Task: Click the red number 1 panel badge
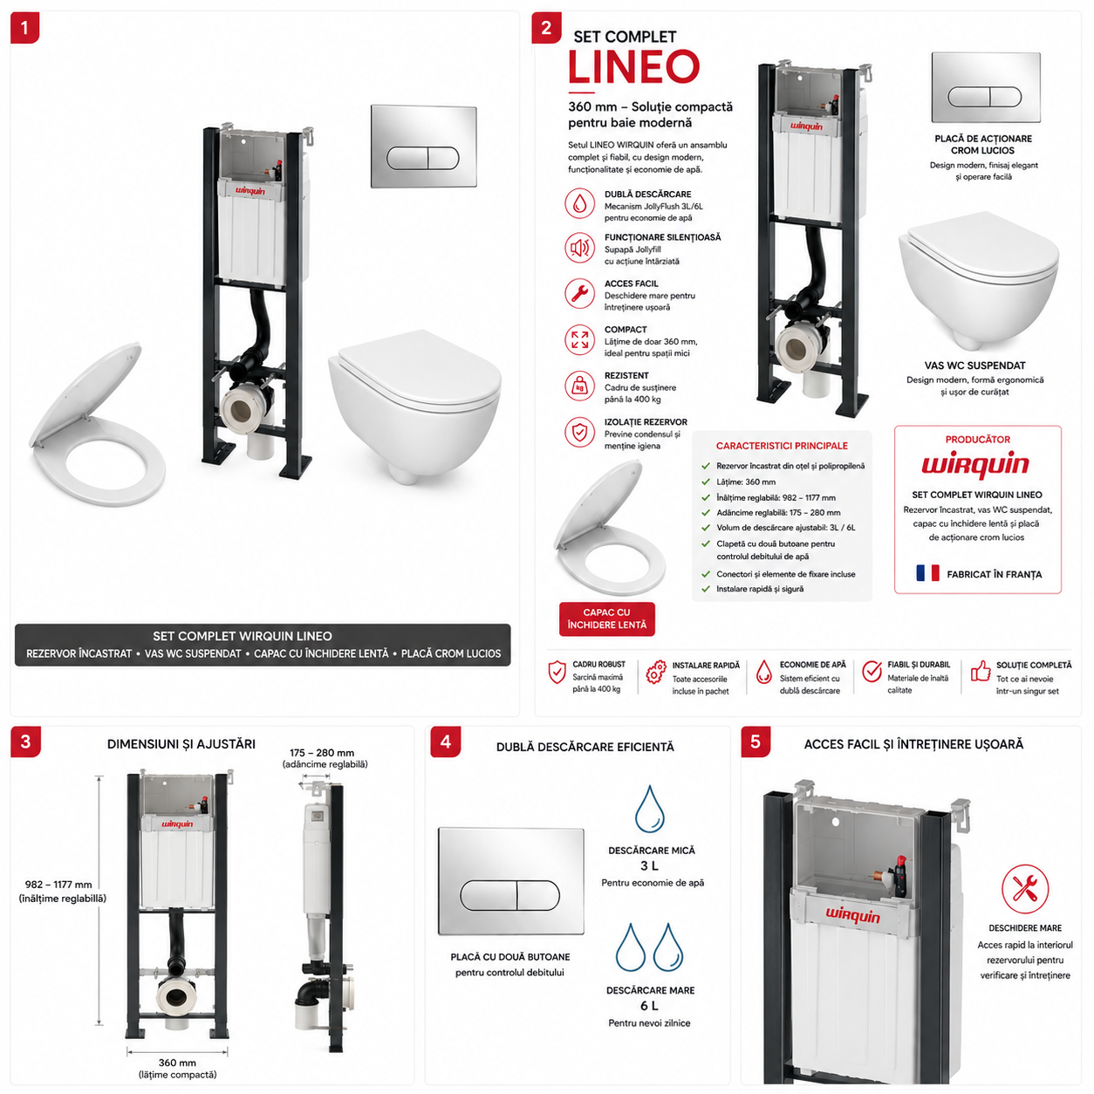tap(24, 28)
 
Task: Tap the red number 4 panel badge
tap(445, 742)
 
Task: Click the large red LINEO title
tap(633, 67)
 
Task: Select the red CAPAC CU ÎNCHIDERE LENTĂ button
tap(606, 619)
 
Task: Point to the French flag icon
tap(927, 573)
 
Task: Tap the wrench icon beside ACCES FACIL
tap(579, 293)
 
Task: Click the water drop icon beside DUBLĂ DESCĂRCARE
tap(579, 203)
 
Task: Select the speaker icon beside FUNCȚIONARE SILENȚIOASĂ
tap(579, 248)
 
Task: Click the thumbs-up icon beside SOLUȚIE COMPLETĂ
tap(980, 671)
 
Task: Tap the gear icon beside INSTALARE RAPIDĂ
tap(656, 672)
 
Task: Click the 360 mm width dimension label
tap(177, 1063)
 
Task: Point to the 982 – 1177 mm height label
tap(58, 885)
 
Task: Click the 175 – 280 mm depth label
tap(321, 753)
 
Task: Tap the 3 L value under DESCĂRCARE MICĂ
tap(649, 865)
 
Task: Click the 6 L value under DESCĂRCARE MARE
tap(649, 1005)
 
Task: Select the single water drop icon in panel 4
tap(649, 809)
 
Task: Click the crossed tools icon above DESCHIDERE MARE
tap(1025, 888)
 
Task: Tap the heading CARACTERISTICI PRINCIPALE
tap(782, 446)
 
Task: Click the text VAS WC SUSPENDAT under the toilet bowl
tap(974, 366)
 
